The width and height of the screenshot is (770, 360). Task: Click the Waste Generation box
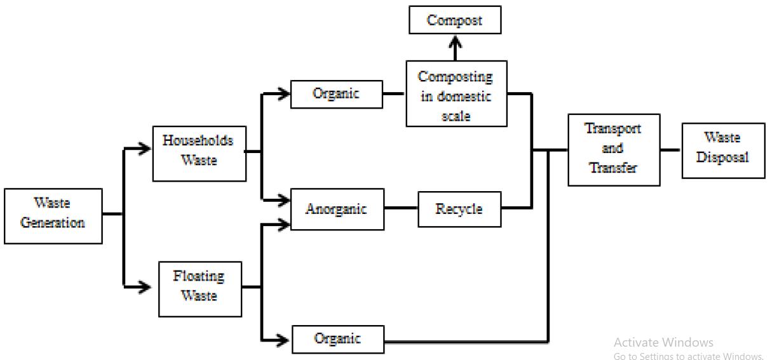click(x=53, y=216)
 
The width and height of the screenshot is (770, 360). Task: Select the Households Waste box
click(x=199, y=154)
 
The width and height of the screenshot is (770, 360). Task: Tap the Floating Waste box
click(x=199, y=289)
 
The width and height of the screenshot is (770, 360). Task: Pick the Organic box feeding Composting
click(x=336, y=94)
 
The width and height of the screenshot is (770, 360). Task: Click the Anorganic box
click(x=337, y=209)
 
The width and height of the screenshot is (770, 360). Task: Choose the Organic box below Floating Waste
click(x=337, y=339)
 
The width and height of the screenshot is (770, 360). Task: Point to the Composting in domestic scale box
click(x=456, y=94)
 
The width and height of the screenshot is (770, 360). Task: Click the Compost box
click(x=454, y=20)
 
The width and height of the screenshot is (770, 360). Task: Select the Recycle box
click(x=459, y=209)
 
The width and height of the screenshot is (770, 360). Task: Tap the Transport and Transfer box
click(x=613, y=149)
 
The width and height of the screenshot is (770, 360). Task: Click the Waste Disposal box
click(x=722, y=150)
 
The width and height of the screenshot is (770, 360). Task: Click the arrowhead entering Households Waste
click(x=145, y=149)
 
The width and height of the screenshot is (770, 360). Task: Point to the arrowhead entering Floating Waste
click(x=145, y=288)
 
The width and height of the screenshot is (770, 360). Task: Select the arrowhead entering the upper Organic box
click(x=284, y=94)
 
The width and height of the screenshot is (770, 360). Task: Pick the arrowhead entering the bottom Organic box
click(x=285, y=340)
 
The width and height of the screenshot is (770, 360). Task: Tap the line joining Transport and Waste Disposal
click(x=670, y=150)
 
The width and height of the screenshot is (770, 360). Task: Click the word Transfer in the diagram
click(x=612, y=168)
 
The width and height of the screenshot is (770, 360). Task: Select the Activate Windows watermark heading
click(x=663, y=342)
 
